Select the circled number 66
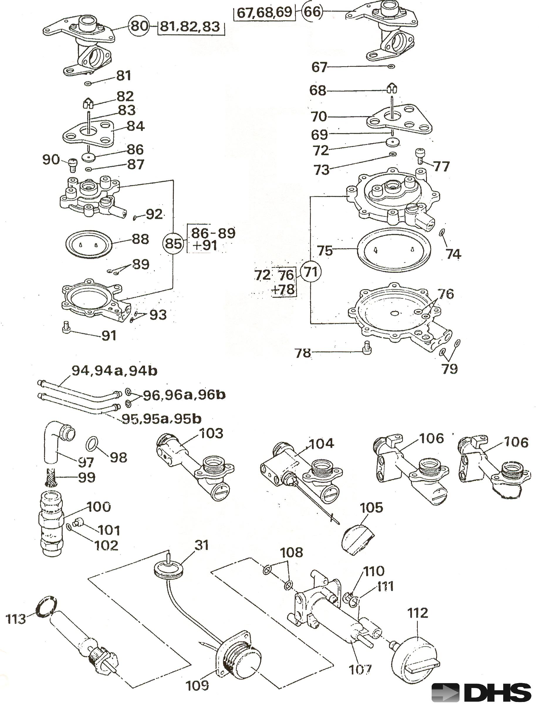click(x=312, y=12)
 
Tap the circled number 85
click(x=173, y=243)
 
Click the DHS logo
click(x=482, y=693)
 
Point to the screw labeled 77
click(x=420, y=156)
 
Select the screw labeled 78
click(x=366, y=347)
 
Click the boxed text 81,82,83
click(x=190, y=26)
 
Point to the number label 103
click(x=211, y=433)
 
